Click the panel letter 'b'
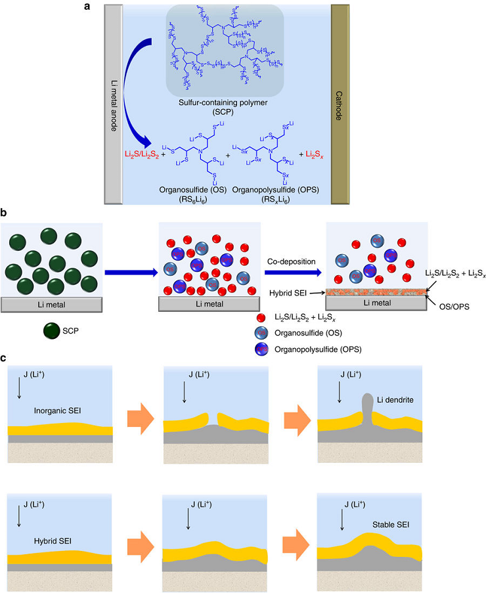point(5,213)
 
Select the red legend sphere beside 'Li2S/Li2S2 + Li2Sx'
point(263,317)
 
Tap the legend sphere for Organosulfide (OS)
point(263,333)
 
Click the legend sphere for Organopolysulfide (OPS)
point(263,349)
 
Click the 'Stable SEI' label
point(392,525)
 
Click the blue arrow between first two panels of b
point(129,269)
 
